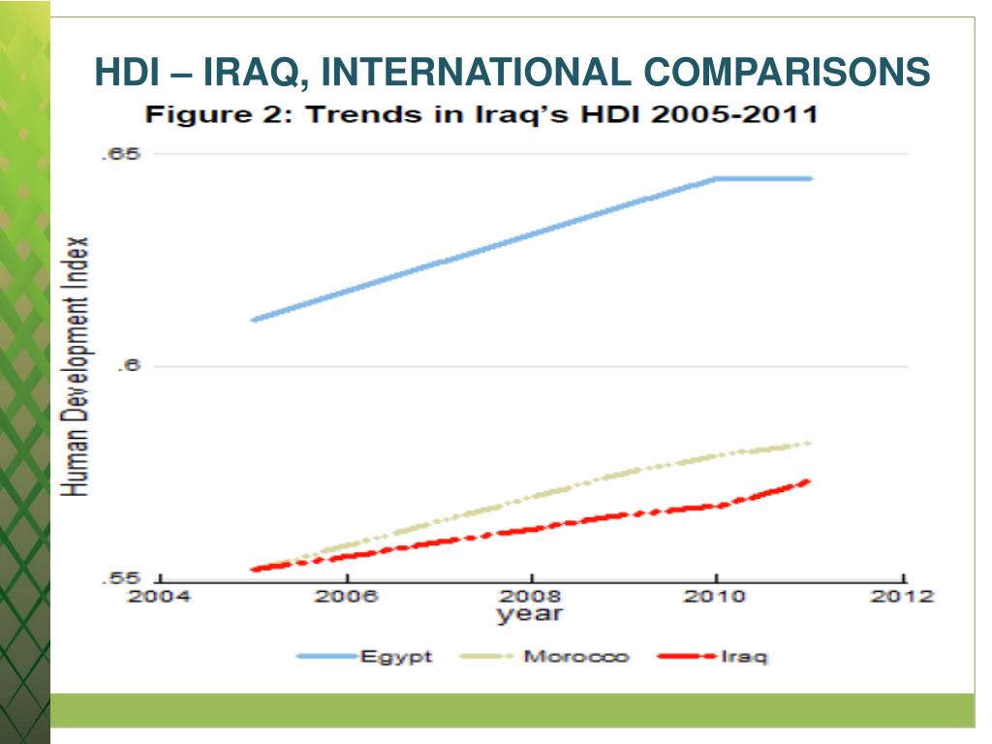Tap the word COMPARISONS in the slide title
point(786,72)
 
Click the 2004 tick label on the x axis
point(160,596)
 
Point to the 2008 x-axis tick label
point(530,596)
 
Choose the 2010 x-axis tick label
point(715,596)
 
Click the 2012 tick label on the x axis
point(901,596)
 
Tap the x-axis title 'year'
point(530,614)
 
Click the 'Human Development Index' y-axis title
point(77,366)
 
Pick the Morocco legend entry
point(575,657)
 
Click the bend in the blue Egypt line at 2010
point(715,179)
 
